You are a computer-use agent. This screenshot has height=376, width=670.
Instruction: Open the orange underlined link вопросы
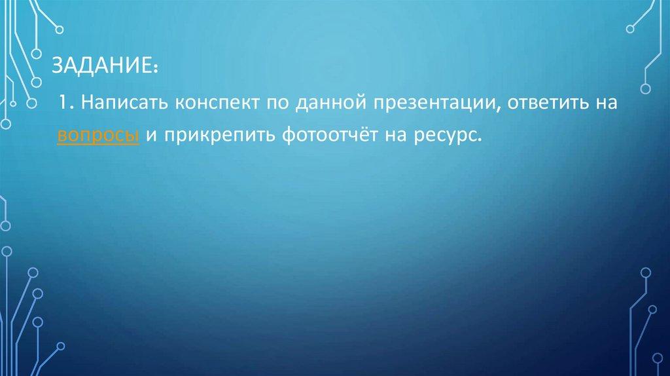tap(97, 136)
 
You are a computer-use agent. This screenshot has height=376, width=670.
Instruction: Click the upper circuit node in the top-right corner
tap(631, 29)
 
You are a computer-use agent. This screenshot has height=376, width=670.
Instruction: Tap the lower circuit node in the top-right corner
tap(645, 88)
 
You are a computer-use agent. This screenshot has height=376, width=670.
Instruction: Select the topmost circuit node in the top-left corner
tap(60, 28)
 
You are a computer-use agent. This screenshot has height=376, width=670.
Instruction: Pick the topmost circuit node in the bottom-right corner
tap(646, 272)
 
